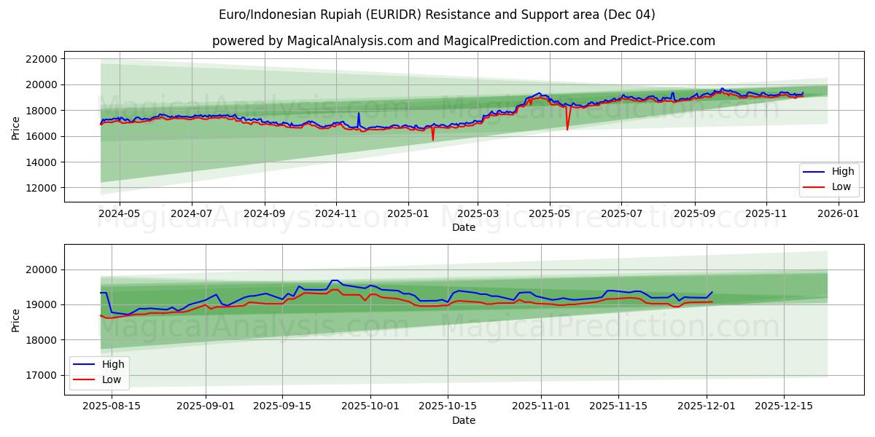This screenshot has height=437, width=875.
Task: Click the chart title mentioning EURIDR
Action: coord(437,15)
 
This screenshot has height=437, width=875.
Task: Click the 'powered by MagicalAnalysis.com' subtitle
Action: coord(463,41)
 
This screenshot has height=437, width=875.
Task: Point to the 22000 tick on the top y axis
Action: coord(41,59)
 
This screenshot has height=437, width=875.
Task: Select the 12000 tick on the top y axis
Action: coord(41,188)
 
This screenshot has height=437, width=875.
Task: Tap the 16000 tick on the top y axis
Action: coord(41,136)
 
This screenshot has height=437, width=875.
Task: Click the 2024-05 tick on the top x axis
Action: coord(119,214)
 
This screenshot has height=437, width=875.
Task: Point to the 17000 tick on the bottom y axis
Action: coord(41,375)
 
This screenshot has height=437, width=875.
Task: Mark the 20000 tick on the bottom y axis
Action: coord(41,269)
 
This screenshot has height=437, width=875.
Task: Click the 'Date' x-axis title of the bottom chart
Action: coord(463,420)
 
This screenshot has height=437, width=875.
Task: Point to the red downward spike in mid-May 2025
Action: coord(567,129)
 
